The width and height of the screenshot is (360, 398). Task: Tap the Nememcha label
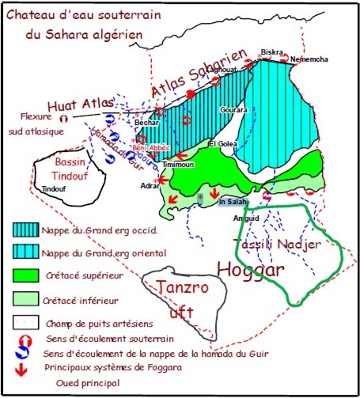click(x=309, y=60)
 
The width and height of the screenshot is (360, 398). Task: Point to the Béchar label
click(x=148, y=125)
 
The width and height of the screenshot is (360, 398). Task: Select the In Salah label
click(x=230, y=202)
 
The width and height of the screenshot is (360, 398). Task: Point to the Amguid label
click(x=245, y=217)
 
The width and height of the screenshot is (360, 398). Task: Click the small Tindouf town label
click(x=54, y=189)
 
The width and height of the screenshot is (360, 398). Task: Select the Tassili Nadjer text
click(x=279, y=244)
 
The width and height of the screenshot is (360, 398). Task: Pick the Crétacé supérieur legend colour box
click(x=26, y=277)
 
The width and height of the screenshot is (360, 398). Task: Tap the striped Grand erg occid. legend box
click(x=26, y=230)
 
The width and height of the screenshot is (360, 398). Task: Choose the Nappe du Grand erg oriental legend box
click(x=26, y=252)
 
